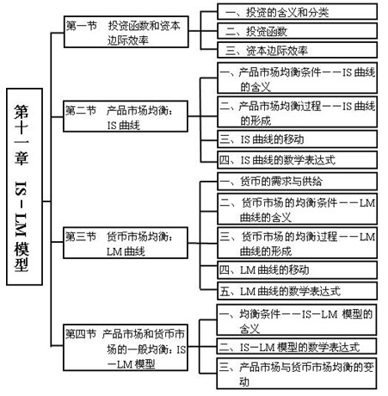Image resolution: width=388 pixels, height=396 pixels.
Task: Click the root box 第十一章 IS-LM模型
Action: tap(24, 187)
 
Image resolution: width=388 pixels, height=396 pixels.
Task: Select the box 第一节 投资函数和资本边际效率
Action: tap(126, 32)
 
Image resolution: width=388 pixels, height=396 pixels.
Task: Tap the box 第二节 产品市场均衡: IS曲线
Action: tap(126, 116)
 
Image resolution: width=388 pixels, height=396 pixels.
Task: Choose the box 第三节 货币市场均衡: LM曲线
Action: tap(126, 243)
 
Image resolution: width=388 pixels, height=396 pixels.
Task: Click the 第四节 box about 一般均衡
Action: tap(126, 348)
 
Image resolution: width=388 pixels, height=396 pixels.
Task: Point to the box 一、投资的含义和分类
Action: tap(297, 11)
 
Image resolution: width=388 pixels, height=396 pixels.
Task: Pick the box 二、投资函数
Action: tap(297, 31)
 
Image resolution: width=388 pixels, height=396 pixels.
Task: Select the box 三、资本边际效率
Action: tap(297, 50)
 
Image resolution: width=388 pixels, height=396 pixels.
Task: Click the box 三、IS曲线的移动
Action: tap(297, 139)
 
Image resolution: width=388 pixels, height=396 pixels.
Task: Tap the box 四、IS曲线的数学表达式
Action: tap(297, 160)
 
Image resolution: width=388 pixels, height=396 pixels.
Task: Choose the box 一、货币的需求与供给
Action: tap(297, 182)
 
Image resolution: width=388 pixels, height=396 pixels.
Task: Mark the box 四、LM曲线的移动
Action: tap(297, 269)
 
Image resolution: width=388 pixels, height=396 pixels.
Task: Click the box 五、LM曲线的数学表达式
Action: tap(297, 291)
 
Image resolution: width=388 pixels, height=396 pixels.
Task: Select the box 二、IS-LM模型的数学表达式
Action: tap(297, 347)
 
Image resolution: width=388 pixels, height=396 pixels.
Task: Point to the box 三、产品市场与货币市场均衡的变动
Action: tap(297, 374)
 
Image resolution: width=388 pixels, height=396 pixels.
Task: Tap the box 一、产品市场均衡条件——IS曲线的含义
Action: tap(297, 78)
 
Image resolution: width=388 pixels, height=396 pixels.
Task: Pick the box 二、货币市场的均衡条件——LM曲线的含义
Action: tap(297, 209)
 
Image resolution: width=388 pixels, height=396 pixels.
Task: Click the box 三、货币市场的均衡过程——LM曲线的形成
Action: tap(297, 243)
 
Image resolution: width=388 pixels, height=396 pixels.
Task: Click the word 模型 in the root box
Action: tap(22, 257)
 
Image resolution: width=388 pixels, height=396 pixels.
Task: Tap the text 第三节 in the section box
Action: tap(81, 237)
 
